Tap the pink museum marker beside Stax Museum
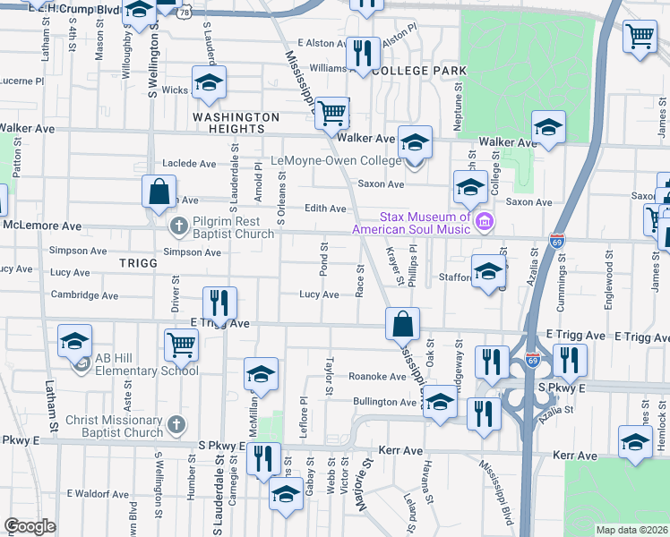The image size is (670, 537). click(485, 221)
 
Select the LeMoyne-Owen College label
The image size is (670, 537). click(335, 162)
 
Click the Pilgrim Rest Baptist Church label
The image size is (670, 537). click(232, 227)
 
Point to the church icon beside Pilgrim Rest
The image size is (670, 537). click(179, 226)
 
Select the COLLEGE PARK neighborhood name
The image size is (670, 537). click(419, 70)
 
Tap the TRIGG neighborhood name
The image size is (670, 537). click(136, 264)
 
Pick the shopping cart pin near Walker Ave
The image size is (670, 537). click(332, 113)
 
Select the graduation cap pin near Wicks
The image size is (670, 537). click(210, 85)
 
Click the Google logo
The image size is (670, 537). click(30, 527)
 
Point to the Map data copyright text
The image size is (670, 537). click(631, 530)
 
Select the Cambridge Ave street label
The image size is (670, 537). click(84, 295)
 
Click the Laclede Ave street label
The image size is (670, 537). click(189, 164)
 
